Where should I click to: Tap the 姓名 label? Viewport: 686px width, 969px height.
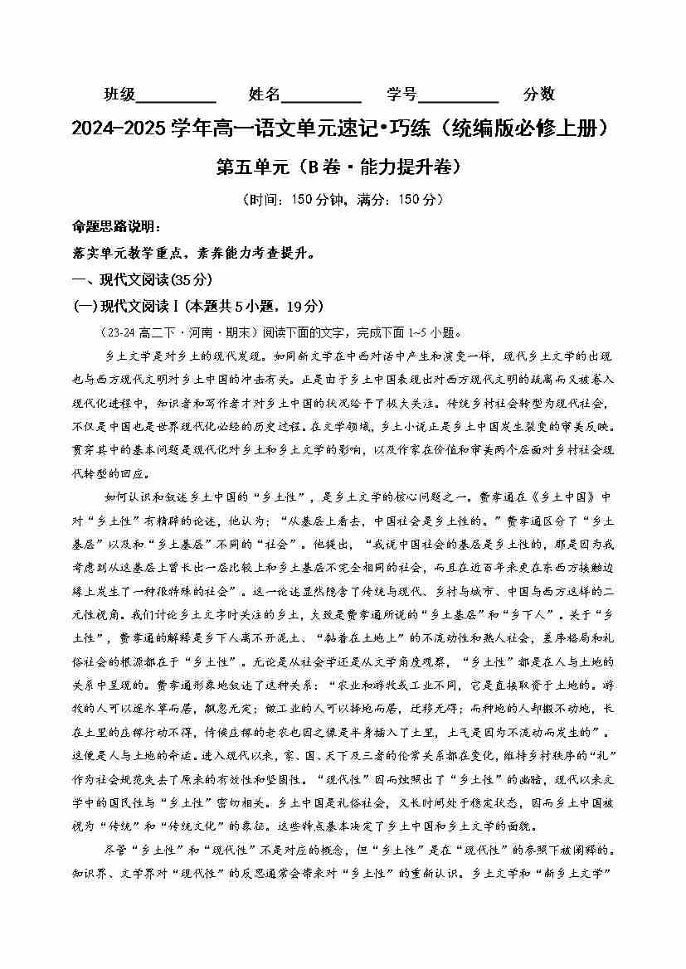(x=265, y=94)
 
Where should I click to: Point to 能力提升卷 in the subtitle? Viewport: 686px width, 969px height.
(x=405, y=167)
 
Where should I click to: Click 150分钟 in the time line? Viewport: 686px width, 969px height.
(x=317, y=199)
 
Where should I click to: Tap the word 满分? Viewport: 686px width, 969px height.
(x=371, y=199)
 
